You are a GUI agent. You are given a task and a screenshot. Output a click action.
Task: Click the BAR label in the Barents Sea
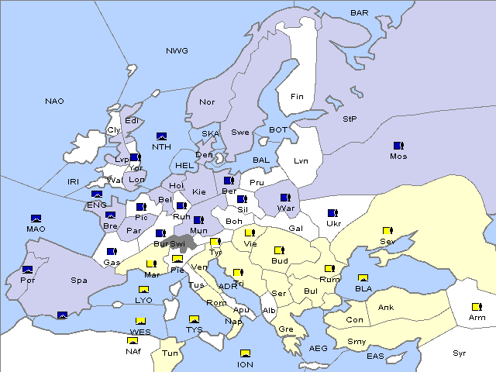coord(360,13)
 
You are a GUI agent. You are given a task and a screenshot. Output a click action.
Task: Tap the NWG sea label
coord(177,51)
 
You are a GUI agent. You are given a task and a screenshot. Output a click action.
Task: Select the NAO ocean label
coord(54,102)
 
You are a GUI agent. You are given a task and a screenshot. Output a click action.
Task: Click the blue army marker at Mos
coord(398,146)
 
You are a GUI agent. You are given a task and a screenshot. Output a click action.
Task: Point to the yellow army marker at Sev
coord(387,231)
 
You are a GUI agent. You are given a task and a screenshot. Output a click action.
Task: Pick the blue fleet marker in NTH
coord(161,136)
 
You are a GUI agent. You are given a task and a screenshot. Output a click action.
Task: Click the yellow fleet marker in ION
coord(246,353)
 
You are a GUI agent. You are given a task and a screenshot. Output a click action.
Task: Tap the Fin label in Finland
coord(297,97)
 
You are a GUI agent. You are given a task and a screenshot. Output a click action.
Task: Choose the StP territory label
coord(350,119)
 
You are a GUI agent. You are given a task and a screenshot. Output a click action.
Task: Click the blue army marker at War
coord(284,198)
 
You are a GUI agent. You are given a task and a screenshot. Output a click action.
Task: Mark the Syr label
coord(460,353)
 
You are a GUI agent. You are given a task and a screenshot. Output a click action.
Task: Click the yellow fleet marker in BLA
coord(363,278)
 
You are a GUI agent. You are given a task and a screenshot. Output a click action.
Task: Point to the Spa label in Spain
coord(79,280)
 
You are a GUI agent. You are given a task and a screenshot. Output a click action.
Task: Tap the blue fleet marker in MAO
coord(36,219)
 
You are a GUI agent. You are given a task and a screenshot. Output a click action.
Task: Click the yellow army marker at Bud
coord(279,250)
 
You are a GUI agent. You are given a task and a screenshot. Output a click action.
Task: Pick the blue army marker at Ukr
coord(332,213)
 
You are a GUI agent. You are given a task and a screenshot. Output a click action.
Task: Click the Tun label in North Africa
coord(170,353)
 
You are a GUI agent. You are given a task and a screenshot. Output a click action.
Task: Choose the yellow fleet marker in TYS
coord(194,319)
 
